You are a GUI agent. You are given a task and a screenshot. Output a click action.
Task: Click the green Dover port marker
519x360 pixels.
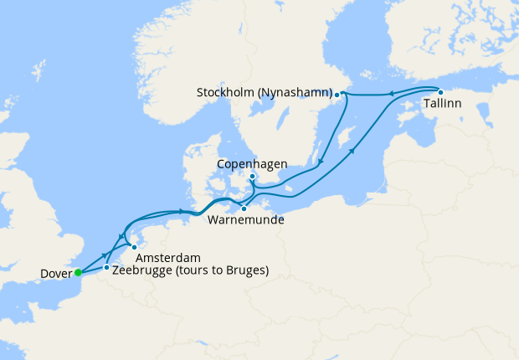coord(78,272)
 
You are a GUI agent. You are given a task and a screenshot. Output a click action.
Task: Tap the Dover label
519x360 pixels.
coord(55,273)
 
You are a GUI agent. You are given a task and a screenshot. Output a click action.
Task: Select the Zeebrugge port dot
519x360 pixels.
coord(106,267)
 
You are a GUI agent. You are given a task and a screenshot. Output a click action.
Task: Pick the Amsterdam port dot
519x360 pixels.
coord(134,247)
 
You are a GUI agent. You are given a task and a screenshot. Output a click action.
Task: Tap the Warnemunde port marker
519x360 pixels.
coord(244,208)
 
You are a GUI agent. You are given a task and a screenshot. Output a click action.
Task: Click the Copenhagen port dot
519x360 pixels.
coord(252,177)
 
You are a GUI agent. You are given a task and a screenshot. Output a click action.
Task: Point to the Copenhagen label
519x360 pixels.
coord(252,164)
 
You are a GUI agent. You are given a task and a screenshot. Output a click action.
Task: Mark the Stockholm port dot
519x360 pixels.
coord(337,95)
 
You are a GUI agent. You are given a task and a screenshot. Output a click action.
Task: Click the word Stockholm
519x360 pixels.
coord(229,92)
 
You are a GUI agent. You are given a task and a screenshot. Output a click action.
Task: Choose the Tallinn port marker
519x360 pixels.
coord(440,92)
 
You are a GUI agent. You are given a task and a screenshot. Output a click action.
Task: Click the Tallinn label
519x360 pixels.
coord(441,105)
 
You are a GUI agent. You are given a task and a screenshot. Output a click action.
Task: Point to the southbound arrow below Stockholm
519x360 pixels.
coord(318,160)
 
